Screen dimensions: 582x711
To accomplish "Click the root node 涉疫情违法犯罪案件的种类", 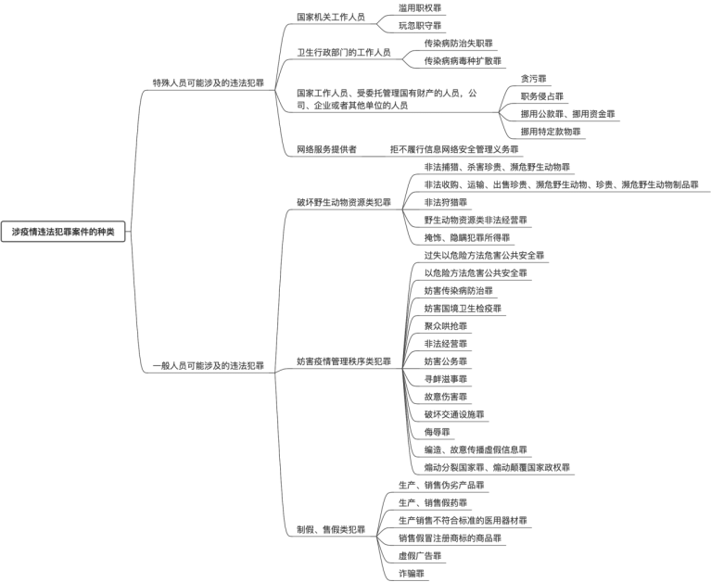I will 63,232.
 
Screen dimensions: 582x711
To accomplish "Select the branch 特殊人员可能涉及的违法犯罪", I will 208,82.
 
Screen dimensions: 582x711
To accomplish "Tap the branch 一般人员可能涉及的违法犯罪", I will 208,366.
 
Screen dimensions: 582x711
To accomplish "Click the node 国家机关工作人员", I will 330,17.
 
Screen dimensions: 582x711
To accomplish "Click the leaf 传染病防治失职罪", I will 459,43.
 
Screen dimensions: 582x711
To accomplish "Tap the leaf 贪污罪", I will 534,79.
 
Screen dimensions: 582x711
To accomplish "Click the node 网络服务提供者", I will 326,149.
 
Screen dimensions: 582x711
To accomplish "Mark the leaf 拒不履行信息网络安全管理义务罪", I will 454,149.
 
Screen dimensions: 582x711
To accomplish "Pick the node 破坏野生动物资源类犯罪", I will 343,202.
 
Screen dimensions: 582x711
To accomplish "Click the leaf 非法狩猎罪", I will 446,202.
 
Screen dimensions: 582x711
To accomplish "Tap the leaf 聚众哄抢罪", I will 446,326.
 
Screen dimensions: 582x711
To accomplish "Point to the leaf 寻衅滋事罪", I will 446,379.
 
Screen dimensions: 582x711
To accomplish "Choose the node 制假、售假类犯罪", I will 331,529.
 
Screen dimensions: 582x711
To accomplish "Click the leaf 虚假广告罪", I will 420,556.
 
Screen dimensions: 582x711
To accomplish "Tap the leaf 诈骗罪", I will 412,574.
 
